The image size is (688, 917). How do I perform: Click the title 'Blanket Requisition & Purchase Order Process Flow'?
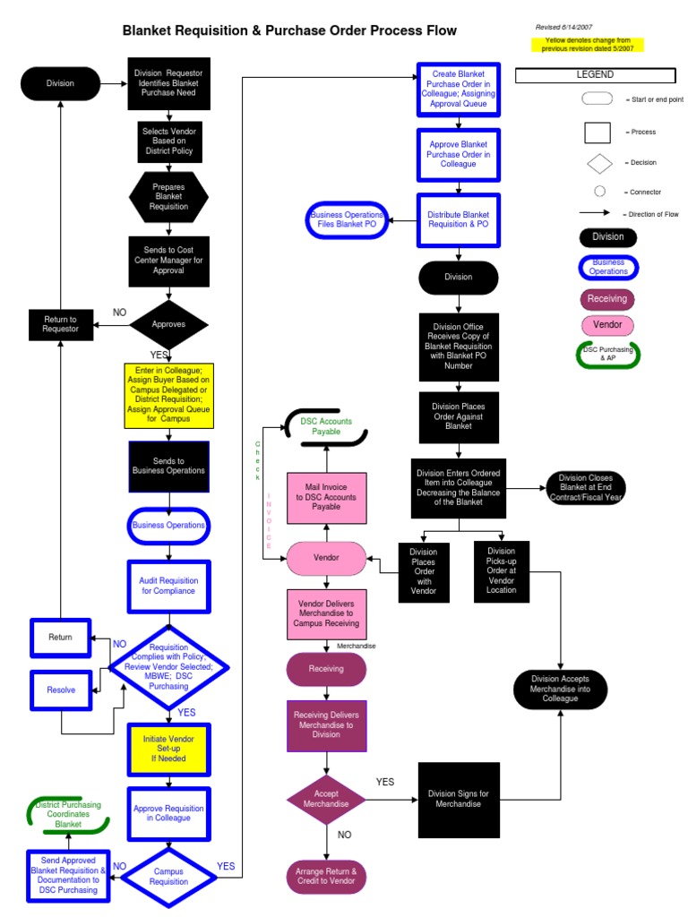[x=289, y=31]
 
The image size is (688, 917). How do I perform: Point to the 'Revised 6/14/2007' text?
[x=569, y=27]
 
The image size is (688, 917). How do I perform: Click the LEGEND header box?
[x=594, y=75]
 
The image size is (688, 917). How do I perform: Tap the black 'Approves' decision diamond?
[x=168, y=324]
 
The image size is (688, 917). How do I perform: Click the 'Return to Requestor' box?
[x=61, y=324]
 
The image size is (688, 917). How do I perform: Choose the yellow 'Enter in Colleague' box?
[x=168, y=395]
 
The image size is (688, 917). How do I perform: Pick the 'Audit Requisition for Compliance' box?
[x=168, y=586]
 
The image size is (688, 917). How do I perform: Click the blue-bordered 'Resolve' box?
[x=61, y=690]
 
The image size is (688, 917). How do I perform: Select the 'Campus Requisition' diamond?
[x=168, y=876]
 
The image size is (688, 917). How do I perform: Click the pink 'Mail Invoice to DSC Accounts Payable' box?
[x=326, y=496]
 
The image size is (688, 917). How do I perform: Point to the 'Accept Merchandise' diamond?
[x=326, y=799]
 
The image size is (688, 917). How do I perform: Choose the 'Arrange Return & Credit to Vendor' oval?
[x=326, y=876]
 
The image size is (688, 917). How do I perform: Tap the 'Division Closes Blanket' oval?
[x=586, y=489]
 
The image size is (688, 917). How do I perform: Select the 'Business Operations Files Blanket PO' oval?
[x=346, y=220]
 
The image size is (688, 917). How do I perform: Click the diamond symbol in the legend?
[x=599, y=163]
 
